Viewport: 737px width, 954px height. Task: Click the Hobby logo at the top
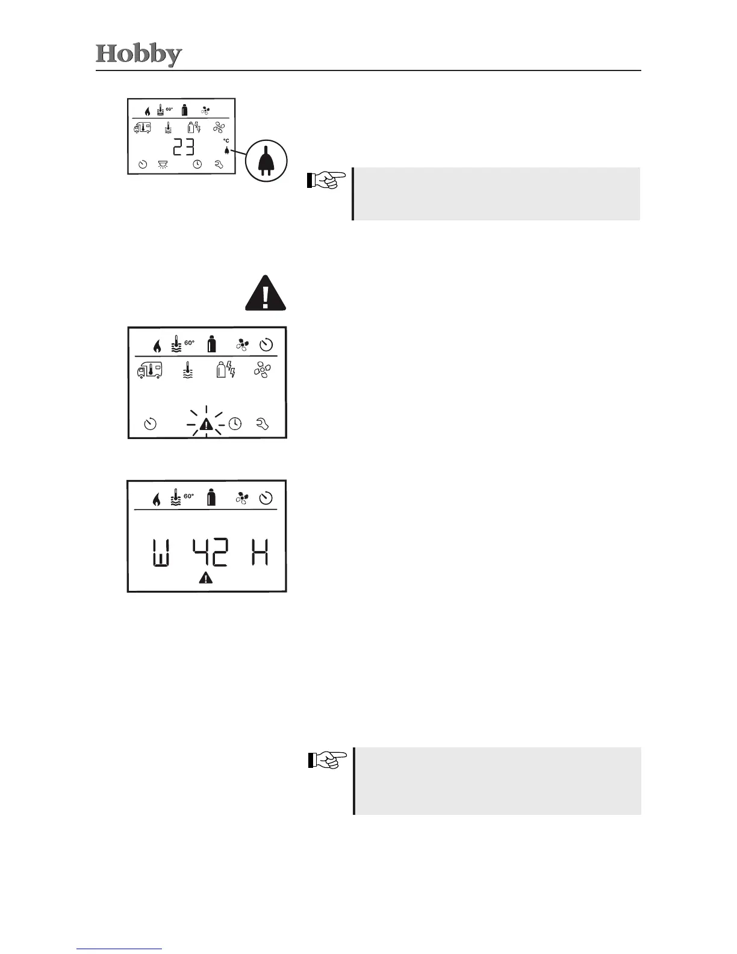138,55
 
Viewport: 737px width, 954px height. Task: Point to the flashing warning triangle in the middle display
206,425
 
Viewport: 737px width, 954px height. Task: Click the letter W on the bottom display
160,553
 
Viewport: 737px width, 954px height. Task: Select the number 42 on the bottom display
210,553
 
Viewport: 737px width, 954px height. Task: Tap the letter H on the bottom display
260,553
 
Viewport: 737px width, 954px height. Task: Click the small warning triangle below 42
206,579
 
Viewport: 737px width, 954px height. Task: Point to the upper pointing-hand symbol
326,179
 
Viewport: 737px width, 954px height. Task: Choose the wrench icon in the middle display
262,425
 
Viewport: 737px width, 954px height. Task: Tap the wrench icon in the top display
219,164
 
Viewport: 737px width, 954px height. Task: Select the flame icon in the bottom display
157,499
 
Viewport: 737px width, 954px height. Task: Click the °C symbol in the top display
226,141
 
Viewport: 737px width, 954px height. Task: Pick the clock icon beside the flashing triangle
235,424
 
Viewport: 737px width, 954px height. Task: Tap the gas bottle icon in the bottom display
211,498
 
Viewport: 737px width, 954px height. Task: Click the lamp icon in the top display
163,164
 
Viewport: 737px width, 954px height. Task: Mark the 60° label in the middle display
189,343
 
